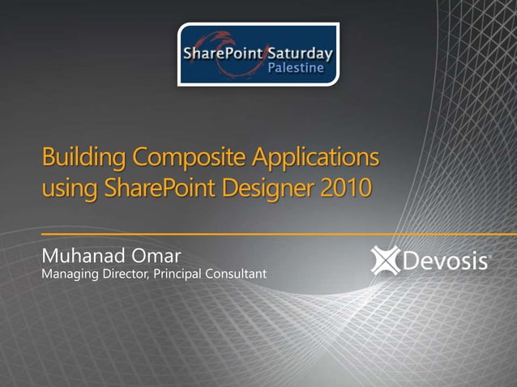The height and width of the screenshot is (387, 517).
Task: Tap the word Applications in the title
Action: [x=315, y=155]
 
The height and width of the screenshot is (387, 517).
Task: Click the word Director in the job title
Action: [x=128, y=275]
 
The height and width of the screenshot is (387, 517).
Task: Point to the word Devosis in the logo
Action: [x=445, y=262]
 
